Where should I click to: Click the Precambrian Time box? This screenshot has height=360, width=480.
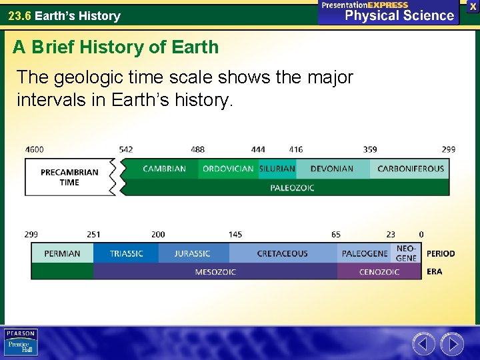69,177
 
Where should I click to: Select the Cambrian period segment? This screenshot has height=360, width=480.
164,169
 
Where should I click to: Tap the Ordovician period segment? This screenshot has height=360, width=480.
228,169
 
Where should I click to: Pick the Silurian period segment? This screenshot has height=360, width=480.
277,169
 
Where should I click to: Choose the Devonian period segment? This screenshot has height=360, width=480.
331,169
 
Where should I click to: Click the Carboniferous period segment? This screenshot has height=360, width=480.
410,169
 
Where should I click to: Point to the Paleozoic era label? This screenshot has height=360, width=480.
292,188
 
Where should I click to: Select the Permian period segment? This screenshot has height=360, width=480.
62,253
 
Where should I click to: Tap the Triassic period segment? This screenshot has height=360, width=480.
126,253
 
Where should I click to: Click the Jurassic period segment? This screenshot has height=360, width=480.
193,253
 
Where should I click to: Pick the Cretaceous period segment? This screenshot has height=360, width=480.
282,253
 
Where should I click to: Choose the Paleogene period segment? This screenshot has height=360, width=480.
364,253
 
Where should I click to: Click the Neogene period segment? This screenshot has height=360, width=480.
406,253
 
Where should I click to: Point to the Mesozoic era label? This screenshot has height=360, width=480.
215,272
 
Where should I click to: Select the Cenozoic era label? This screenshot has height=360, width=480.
379,272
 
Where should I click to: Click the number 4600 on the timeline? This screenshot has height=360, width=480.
35,149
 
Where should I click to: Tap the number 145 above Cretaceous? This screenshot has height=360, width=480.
235,234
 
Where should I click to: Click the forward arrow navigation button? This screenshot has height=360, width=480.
452,344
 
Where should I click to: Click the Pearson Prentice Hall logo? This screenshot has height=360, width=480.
21,343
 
